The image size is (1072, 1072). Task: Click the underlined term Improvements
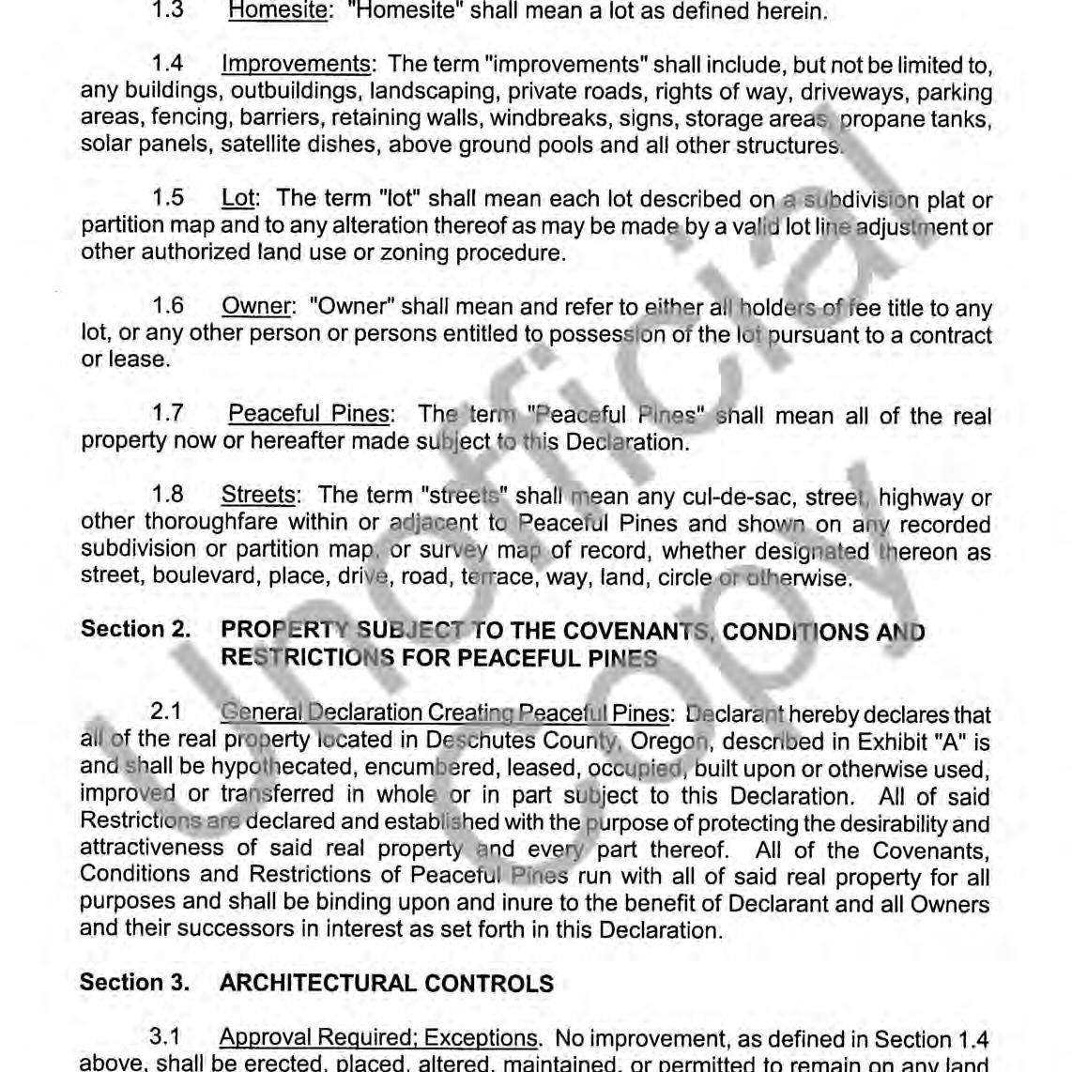[x=296, y=65]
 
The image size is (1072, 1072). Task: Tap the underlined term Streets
[x=258, y=495]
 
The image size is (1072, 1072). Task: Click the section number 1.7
[x=167, y=414]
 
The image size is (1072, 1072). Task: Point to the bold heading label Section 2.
[x=135, y=629]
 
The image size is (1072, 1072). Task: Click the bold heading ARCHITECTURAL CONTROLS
[x=386, y=984]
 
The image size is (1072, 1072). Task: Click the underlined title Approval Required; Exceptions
[x=378, y=1038]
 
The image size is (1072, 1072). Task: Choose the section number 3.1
[x=165, y=1038]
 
